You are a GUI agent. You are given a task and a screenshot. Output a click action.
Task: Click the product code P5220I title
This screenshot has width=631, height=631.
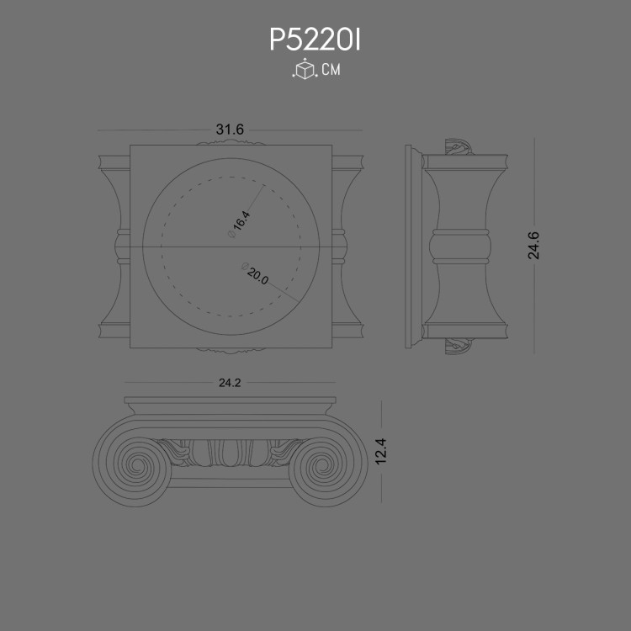(x=315, y=40)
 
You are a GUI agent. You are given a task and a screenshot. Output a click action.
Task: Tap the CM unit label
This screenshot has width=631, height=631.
(x=331, y=71)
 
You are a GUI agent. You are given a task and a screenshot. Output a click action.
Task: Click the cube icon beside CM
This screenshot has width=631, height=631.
(x=303, y=71)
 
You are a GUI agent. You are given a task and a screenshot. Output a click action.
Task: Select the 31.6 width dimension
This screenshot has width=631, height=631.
(x=230, y=130)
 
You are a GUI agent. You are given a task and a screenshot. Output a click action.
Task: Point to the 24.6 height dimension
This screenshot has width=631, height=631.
(x=533, y=245)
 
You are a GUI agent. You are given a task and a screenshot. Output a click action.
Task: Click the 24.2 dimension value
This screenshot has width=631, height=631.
(x=230, y=383)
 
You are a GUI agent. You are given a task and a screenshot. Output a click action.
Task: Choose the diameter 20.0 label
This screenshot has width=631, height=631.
(x=255, y=276)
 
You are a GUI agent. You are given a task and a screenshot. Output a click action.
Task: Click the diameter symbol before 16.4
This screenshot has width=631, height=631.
(x=231, y=236)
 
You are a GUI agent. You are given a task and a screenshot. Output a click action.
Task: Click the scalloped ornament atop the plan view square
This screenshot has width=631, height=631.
(x=230, y=142)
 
